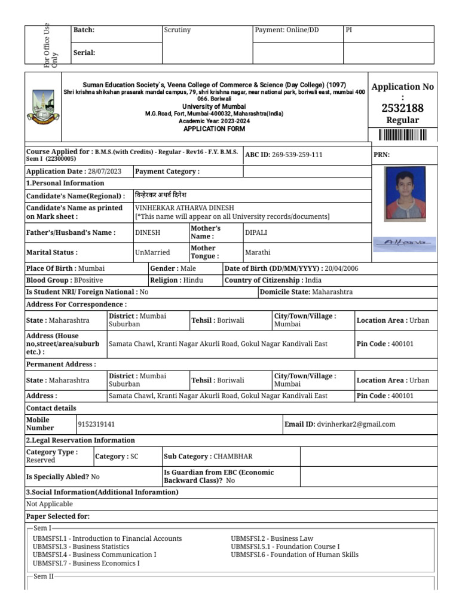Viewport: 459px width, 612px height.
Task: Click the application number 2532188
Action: [402, 108]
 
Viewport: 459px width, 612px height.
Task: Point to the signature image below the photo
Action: [405, 243]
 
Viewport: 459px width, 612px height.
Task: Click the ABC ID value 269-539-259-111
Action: [297, 155]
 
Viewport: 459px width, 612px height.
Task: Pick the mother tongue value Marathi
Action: [258, 252]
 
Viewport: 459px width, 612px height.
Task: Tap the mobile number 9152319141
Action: [96, 424]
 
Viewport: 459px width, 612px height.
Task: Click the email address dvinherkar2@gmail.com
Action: [356, 424]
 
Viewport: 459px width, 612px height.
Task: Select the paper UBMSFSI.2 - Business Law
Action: [272, 538]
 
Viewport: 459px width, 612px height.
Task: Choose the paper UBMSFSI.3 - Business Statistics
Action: [81, 547]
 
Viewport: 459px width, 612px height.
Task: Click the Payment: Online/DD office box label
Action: [287, 30]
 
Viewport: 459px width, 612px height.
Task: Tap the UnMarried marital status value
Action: [153, 252]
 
